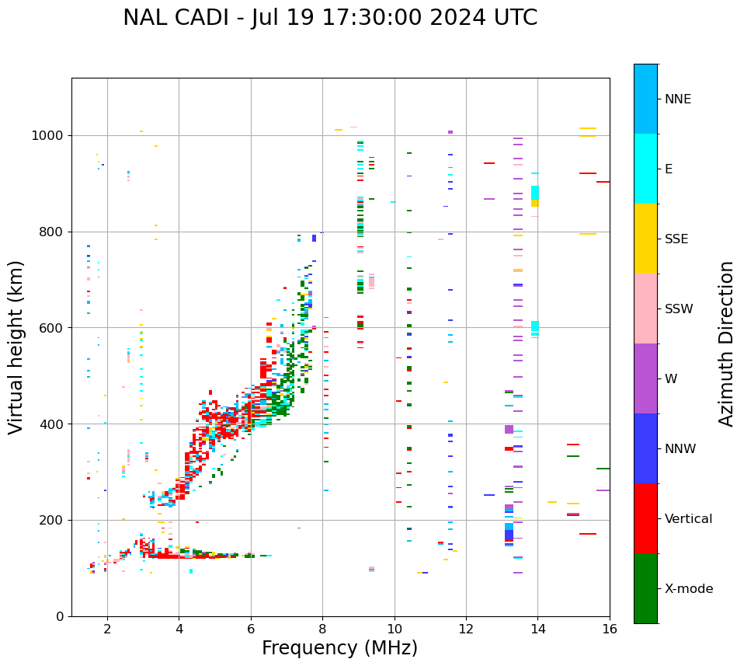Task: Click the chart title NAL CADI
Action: (329, 18)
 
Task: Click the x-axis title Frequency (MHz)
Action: (339, 648)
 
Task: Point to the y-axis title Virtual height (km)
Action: (16, 347)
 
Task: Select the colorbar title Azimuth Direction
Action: (726, 343)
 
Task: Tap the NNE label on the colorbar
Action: (677, 99)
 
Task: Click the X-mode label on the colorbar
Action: (689, 589)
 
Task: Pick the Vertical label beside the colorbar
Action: (688, 519)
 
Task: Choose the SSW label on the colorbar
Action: (679, 309)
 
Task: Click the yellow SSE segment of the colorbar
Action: (645, 238)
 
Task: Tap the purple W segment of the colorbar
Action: (645, 378)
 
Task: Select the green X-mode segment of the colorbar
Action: (645, 588)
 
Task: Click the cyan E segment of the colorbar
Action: (645, 168)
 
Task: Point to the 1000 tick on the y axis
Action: (49, 136)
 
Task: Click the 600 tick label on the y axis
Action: (52, 328)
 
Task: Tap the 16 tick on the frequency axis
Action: (610, 629)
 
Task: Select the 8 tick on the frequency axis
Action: (322, 629)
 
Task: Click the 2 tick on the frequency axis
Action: (107, 629)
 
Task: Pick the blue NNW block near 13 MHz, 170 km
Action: (509, 535)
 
